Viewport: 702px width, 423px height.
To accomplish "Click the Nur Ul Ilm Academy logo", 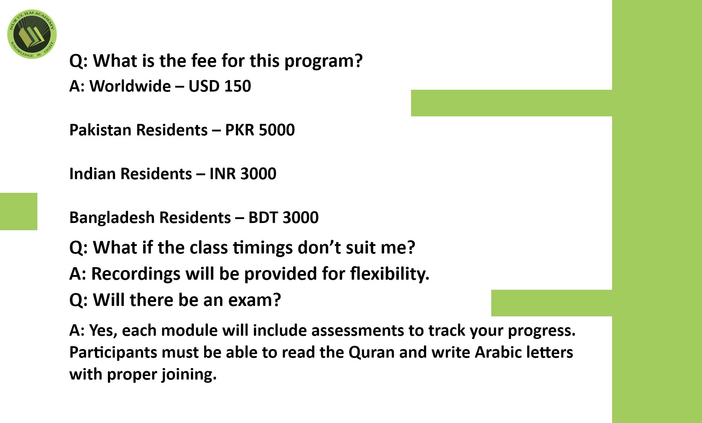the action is [x=32, y=34].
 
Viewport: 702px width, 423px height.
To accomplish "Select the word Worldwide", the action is [x=130, y=86].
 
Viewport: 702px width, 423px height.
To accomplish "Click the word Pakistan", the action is [x=102, y=130].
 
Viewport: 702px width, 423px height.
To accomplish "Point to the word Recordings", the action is [x=136, y=274].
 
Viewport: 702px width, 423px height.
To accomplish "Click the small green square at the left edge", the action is [x=19, y=211].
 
